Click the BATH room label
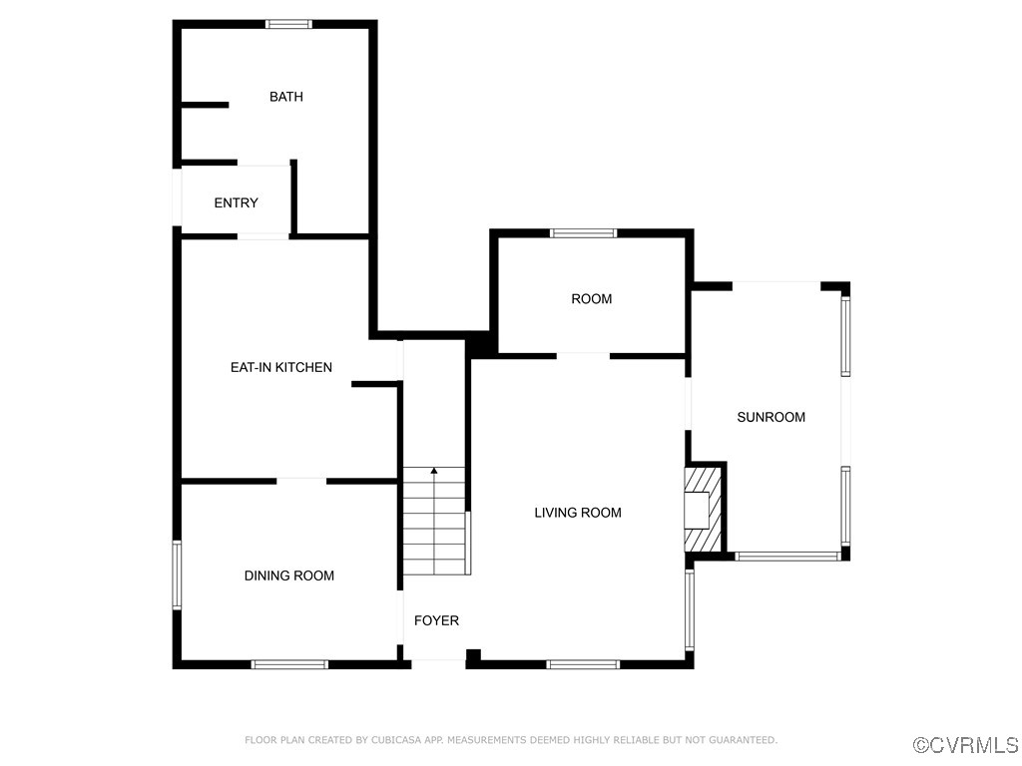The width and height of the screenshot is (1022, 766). [x=286, y=97]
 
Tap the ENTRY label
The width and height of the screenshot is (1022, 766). [x=236, y=202]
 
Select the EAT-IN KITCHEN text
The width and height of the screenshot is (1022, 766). [x=281, y=367]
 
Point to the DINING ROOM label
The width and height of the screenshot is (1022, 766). [x=289, y=575]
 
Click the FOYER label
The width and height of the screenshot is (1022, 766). [x=436, y=620]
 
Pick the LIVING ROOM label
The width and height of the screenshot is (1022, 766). [x=578, y=513]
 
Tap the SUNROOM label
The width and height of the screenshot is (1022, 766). [x=770, y=417]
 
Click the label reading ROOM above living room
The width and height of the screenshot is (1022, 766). [x=592, y=299]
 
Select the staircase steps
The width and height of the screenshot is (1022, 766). [x=434, y=524]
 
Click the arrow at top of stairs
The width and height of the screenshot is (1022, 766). [x=434, y=470]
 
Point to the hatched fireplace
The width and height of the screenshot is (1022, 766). [x=702, y=509]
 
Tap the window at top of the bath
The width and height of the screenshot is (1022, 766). [x=288, y=24]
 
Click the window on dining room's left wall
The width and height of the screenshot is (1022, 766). [x=177, y=574]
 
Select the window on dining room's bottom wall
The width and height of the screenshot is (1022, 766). [x=289, y=664]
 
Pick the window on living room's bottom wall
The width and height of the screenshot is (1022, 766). [x=583, y=664]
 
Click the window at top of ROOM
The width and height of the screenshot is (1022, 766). [x=584, y=233]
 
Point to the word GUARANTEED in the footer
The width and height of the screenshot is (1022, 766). [x=743, y=740]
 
